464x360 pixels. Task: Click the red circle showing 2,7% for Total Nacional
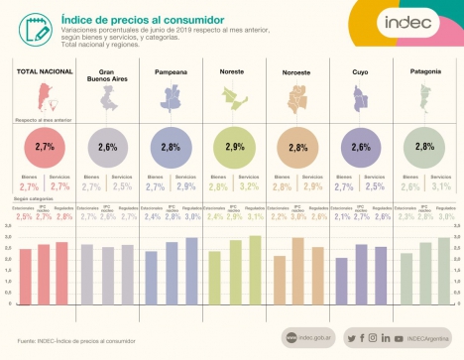click(x=45, y=147)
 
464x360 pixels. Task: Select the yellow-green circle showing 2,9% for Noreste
click(x=234, y=147)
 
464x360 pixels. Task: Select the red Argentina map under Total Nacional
click(x=44, y=98)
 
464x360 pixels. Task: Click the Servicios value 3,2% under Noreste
click(x=249, y=185)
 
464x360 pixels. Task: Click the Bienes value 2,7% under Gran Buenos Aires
click(x=90, y=185)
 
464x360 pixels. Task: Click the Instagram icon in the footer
click(x=372, y=338)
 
